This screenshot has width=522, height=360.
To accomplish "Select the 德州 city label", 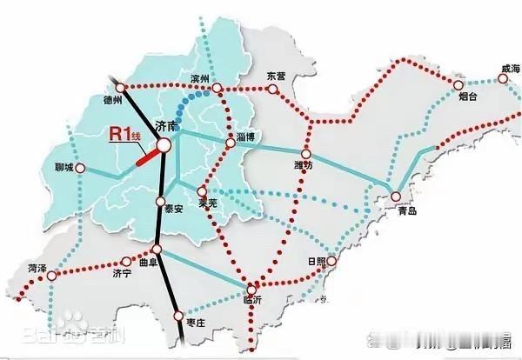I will point(113,99).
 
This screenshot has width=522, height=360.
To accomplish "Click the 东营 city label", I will point(276,76).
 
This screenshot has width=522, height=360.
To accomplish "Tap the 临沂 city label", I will point(254,300).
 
